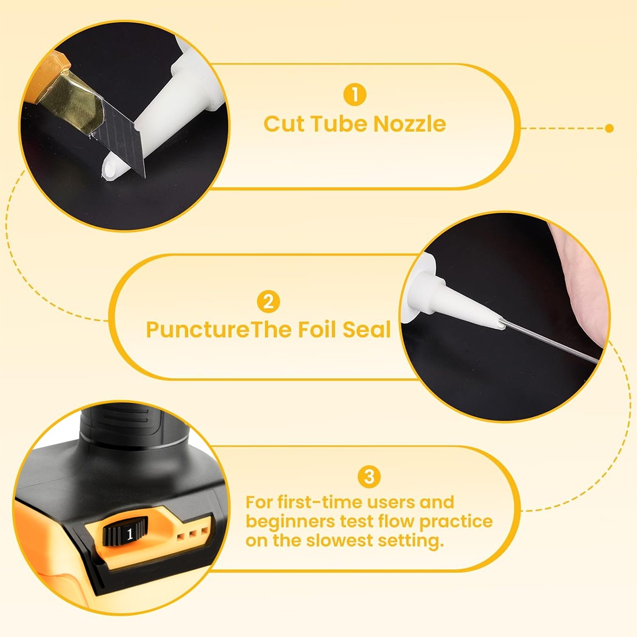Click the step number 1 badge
(354, 94)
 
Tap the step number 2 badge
(268, 302)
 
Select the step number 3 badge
(369, 476)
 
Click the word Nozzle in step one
(409, 123)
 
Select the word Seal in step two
(367, 329)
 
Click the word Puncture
(197, 330)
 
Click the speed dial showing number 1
(125, 532)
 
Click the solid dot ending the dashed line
(609, 129)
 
